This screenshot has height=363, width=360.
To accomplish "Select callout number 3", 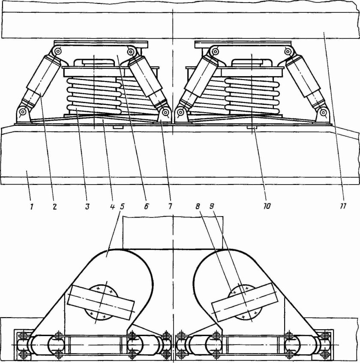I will [87, 205].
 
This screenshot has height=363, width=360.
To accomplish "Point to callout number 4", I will [112, 205].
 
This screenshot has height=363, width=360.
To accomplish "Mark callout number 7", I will [170, 205].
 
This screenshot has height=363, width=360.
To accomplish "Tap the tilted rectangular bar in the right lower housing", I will [245, 303].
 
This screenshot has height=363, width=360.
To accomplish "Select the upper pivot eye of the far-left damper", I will [55, 52].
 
